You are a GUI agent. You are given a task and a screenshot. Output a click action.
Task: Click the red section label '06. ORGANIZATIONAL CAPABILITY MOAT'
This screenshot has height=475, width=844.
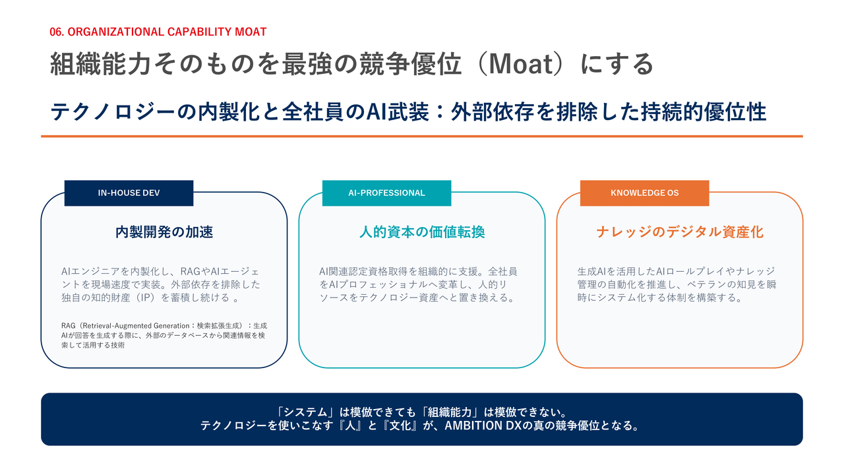(x=158, y=32)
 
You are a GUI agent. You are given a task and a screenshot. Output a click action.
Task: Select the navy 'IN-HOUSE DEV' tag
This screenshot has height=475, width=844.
(x=129, y=193)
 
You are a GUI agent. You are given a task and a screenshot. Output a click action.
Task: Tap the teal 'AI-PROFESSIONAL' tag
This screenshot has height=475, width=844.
(x=386, y=193)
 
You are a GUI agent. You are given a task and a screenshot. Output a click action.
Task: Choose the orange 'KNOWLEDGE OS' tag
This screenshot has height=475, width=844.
(x=644, y=193)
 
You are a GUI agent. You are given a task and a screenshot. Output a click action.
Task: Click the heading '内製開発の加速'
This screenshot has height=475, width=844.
(x=164, y=232)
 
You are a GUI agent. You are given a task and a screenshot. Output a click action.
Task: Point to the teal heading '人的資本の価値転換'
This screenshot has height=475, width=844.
(x=422, y=232)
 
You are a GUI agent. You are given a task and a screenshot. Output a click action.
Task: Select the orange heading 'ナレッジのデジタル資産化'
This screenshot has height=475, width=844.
(x=680, y=232)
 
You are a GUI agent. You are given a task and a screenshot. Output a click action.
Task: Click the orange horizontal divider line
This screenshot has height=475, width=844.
(x=422, y=136)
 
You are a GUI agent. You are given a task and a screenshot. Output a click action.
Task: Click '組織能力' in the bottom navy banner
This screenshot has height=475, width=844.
(x=450, y=412)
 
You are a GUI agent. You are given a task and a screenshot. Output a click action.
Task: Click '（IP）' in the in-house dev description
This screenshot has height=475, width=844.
(x=146, y=298)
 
